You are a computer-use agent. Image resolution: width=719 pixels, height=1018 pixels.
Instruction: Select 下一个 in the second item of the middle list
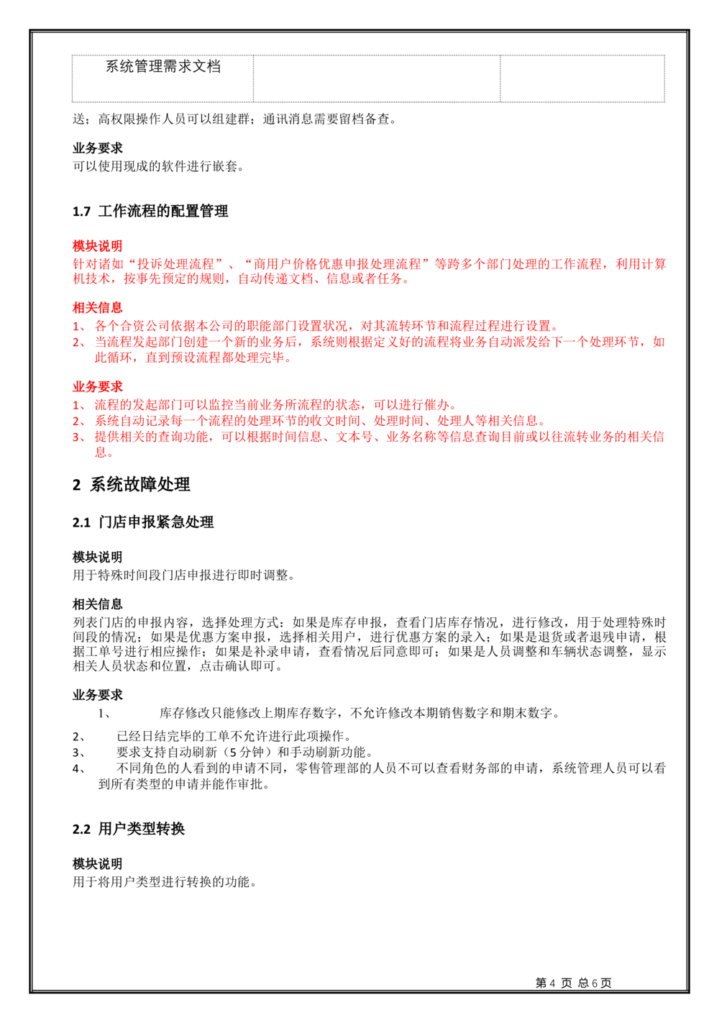(x=562, y=342)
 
